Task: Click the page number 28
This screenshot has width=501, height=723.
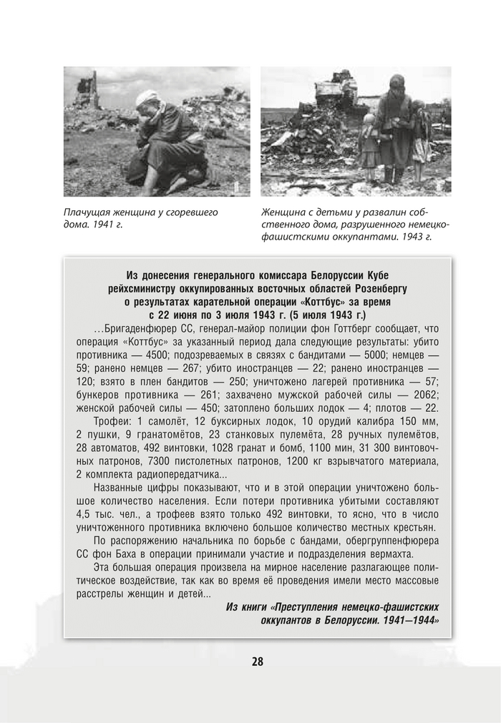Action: pyautogui.click(x=258, y=661)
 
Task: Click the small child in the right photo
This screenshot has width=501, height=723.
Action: pyautogui.click(x=369, y=139)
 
